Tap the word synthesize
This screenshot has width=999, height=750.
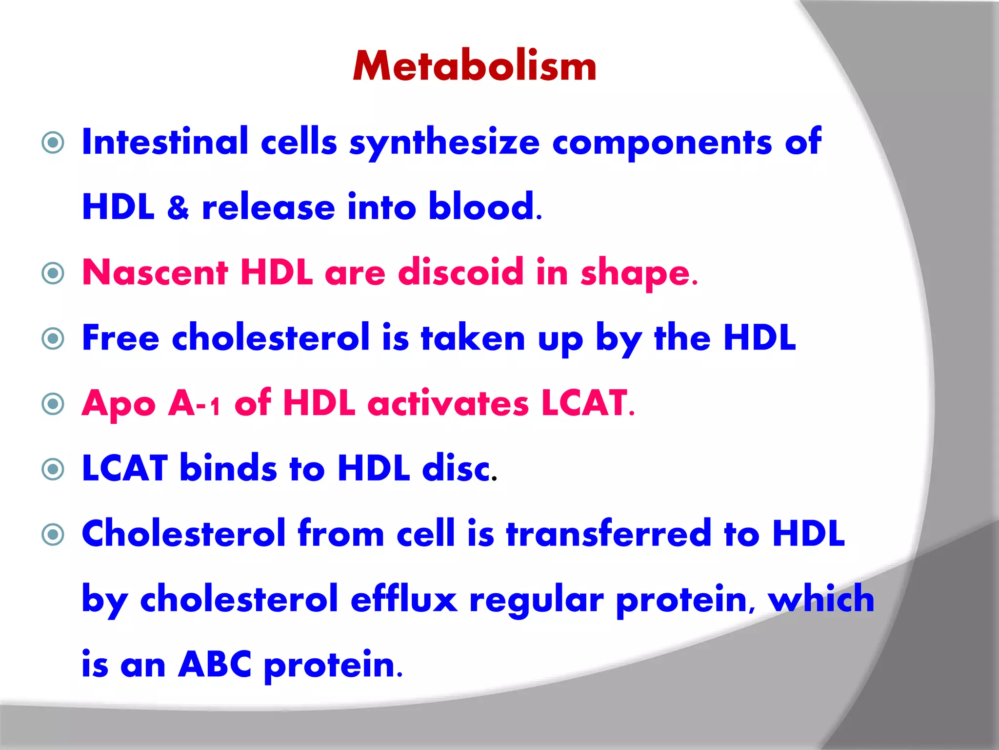pos(444,143)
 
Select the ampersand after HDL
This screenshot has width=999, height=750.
pos(178,208)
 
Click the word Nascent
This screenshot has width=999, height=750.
pos(155,272)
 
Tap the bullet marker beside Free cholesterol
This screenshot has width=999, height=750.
pos(53,338)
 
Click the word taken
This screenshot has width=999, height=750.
pos(473,338)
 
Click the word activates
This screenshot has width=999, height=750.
pos(448,404)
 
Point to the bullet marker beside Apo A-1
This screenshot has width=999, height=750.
pos(53,404)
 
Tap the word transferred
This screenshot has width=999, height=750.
pos(609,533)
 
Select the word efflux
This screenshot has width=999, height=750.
pos(404,599)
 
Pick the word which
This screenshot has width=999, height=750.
pos(821,598)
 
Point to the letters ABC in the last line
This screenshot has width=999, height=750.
pos(215,665)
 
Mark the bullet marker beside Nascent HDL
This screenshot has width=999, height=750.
pos(53,273)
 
